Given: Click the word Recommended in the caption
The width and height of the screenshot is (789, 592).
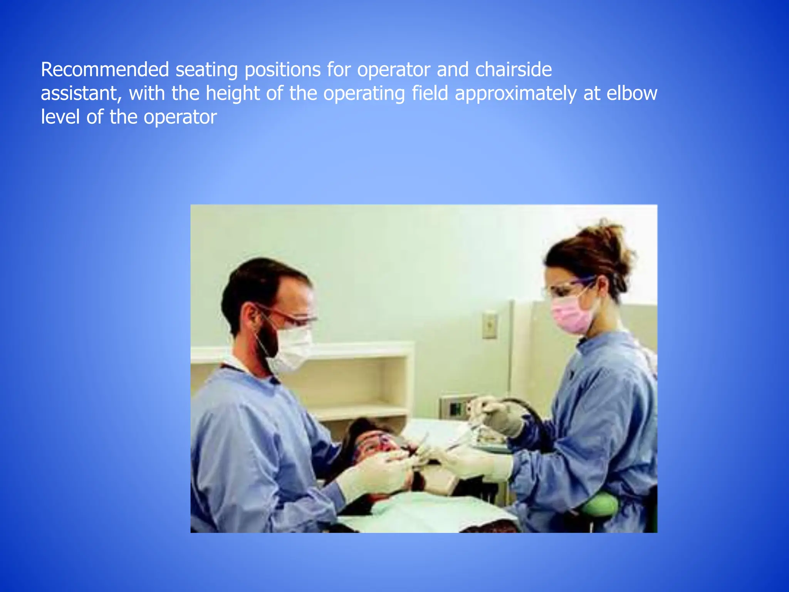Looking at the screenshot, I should coord(105,70).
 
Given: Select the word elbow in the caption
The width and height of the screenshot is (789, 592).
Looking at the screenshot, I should coord(632,93).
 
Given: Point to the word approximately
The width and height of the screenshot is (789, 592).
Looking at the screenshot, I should coord(515,94).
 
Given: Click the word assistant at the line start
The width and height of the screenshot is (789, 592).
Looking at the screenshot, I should coord(81,94).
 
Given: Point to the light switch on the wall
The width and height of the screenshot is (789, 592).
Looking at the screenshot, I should coord(490,325).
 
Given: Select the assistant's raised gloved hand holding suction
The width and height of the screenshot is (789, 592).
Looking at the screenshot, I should coord(497,416).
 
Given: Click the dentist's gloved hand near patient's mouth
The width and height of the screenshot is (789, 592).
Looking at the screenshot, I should coord(376,476).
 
